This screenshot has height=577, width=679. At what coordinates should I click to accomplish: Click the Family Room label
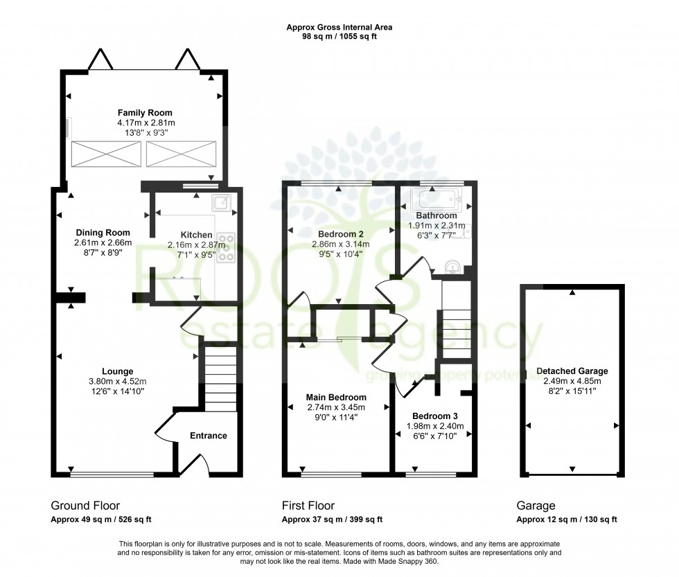pos(145,112)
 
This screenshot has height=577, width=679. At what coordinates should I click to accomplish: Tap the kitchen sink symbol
pos(222,202)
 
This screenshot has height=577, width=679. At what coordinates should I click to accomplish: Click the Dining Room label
pos(103,232)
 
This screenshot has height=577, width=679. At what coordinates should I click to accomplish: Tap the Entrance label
pos(209,436)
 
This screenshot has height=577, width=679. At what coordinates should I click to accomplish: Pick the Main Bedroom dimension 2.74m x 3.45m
pos(336,407)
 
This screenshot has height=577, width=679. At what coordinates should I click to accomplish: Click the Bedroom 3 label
pos(434,416)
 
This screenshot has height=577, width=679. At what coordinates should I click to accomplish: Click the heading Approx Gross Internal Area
pos(339,28)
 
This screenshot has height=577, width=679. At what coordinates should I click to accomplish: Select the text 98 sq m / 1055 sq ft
pos(339,37)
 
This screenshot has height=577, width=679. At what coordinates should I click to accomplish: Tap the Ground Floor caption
pos(80,506)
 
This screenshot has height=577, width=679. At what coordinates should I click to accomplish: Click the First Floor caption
pos(308,506)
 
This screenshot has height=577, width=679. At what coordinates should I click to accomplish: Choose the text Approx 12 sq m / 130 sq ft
pos(567,520)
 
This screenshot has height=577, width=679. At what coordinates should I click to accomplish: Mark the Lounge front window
pos(112,474)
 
